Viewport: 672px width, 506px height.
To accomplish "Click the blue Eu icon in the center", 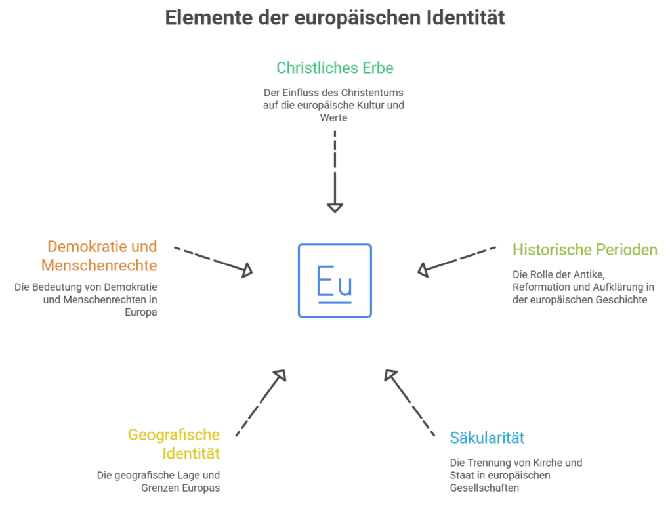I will coord(335,281).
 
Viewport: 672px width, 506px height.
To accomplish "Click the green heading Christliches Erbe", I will coord(335,68).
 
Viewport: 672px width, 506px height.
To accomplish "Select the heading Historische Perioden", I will coord(585,249).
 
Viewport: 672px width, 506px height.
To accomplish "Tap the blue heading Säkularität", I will coord(487,438).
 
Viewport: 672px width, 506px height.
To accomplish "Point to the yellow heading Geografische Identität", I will coord(175,444).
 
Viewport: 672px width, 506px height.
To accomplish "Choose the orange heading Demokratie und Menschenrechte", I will coord(100,256).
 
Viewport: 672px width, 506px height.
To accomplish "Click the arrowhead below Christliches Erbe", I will coord(335,207).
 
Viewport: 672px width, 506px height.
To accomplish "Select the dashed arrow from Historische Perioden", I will coord(457,259).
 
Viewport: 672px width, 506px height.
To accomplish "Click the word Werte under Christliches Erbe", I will coord(333,118).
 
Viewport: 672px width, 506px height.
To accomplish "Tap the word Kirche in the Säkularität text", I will coord(537,463).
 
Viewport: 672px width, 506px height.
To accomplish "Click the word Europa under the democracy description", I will coord(141,312).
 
